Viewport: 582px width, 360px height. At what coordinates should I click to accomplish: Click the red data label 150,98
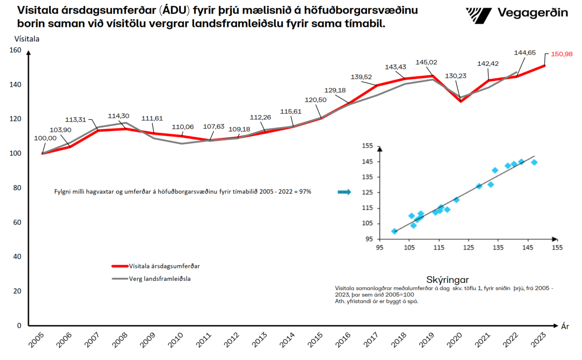point(562,54)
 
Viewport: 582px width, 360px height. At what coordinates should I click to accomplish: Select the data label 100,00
point(45,138)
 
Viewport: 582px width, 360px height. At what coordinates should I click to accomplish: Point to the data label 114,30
point(118,115)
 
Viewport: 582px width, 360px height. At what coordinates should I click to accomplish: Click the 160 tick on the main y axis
point(15,50)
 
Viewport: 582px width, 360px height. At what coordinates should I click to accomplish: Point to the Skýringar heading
point(448,279)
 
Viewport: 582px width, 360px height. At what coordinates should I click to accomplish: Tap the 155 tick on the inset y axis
point(367,146)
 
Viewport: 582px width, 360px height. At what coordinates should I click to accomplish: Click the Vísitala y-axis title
point(27,39)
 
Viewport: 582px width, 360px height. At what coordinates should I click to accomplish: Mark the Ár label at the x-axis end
point(564,327)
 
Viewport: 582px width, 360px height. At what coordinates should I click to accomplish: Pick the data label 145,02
point(426,62)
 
